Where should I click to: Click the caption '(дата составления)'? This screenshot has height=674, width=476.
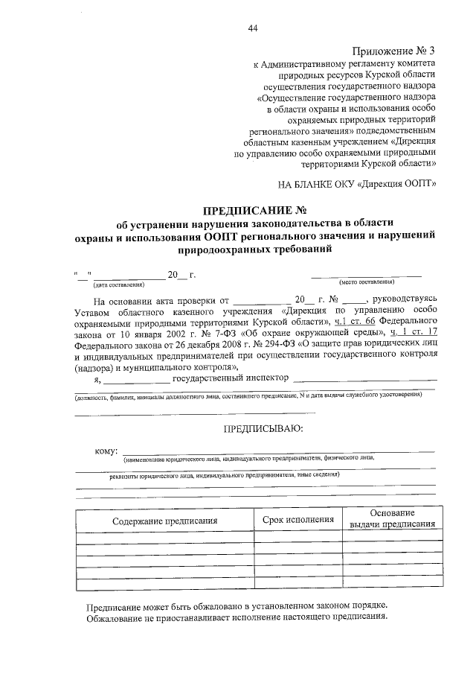[x=118, y=284]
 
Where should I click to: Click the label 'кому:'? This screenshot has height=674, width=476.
[x=106, y=452]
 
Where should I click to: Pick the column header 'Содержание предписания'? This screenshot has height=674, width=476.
[x=164, y=521]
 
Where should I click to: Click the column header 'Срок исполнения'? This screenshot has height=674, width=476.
[x=298, y=519]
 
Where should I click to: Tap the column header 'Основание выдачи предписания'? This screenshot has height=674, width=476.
[x=392, y=519]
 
